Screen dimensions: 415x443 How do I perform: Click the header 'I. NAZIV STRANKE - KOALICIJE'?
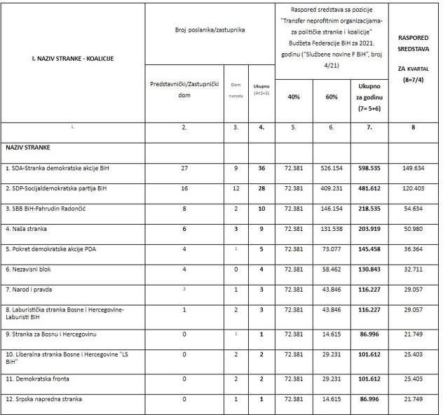tap(72, 59)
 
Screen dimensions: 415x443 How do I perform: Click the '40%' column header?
tap(294, 96)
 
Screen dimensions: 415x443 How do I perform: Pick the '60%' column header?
tap(331, 96)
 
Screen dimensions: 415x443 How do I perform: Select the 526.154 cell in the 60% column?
tap(331, 169)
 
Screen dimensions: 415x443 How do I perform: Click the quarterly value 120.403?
tap(413, 189)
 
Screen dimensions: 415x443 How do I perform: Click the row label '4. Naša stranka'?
tap(26, 229)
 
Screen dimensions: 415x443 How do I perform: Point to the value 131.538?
tap(331, 229)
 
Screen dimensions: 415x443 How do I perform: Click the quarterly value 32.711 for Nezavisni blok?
tap(413, 269)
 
